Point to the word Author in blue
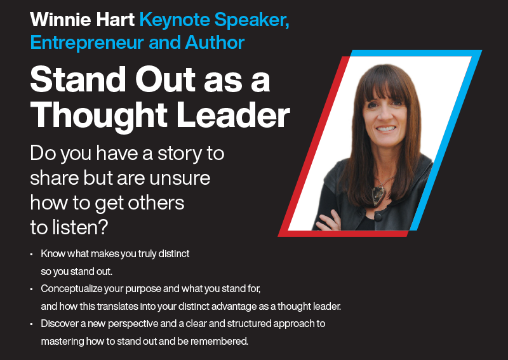pos(215,43)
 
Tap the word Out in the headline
pos(165,80)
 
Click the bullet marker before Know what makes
pos(31,255)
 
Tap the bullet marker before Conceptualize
pos(31,290)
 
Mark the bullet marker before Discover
pos(31,324)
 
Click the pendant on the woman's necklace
pos(378,195)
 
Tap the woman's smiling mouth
pos(386,129)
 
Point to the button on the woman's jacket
pos(378,217)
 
